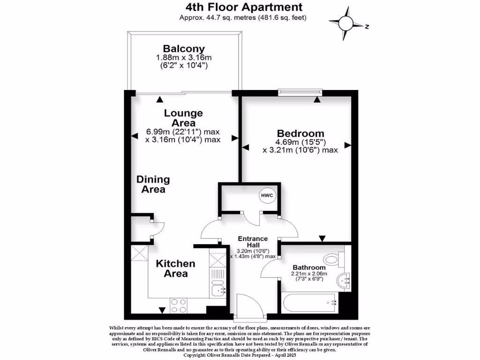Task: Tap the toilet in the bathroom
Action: (334, 258)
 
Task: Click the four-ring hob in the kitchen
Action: (179, 306)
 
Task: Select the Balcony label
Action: (184, 48)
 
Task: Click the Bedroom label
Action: (300, 133)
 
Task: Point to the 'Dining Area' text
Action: (153, 184)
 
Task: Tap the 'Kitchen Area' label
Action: (175, 268)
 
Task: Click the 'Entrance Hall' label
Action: (253, 241)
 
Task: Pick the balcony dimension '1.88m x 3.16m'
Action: (184, 58)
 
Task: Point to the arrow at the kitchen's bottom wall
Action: (162, 310)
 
